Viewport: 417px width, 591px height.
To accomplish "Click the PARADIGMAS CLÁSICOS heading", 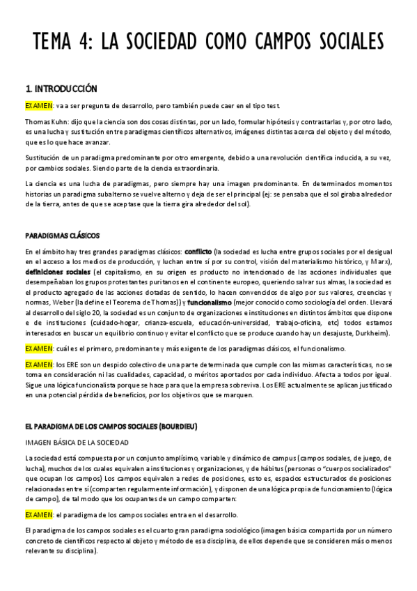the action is pyautogui.click(x=63, y=235).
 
